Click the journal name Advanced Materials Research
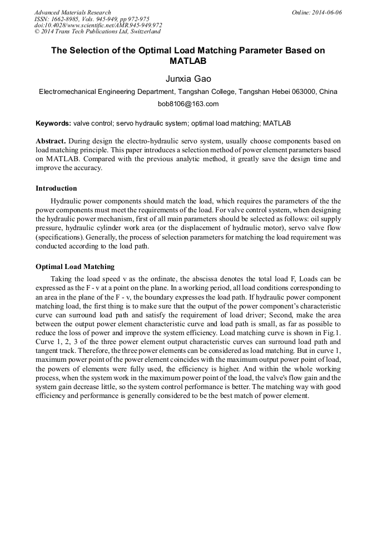click(x=72, y=12)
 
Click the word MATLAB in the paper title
click(x=188, y=61)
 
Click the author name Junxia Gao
click(x=188, y=79)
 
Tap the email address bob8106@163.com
click(x=188, y=104)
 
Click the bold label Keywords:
click(x=53, y=123)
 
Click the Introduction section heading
click(x=56, y=188)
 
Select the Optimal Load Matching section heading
click(x=75, y=267)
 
